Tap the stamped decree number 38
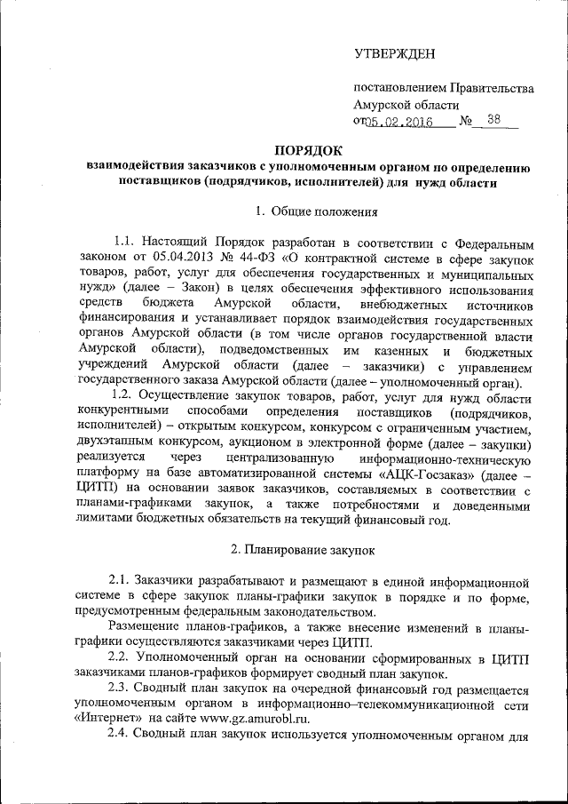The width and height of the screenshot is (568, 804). (493, 121)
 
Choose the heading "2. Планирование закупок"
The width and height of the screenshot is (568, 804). (304, 550)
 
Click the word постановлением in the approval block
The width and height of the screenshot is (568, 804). (398, 88)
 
